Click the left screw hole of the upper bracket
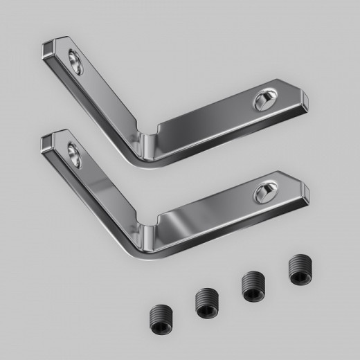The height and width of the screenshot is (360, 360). pyautogui.click(x=75, y=63)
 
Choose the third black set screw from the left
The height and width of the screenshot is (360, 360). pyautogui.click(x=251, y=285)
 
